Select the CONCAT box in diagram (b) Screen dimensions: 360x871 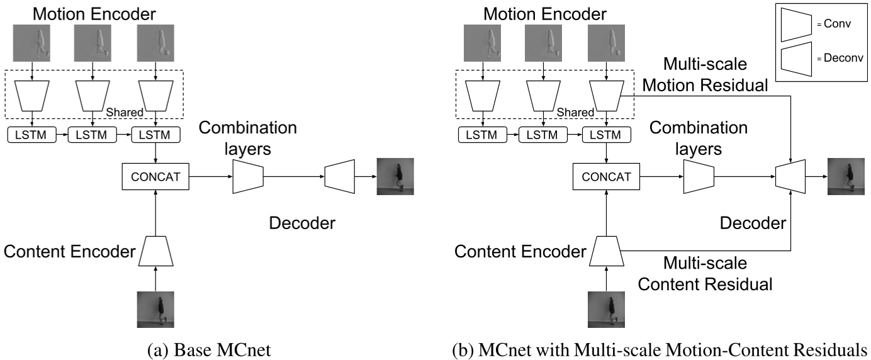[606, 177]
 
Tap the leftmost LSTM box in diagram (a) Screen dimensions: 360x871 [31, 135]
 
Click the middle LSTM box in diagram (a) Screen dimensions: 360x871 [94, 135]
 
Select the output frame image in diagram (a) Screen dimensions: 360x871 [395, 176]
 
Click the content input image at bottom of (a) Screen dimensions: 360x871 [156, 309]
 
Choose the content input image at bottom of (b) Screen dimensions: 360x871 [606, 309]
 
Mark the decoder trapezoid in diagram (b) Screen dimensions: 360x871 [790, 176]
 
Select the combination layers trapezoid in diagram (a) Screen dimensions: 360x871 [247, 177]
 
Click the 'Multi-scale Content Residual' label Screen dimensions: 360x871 [704, 273]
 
